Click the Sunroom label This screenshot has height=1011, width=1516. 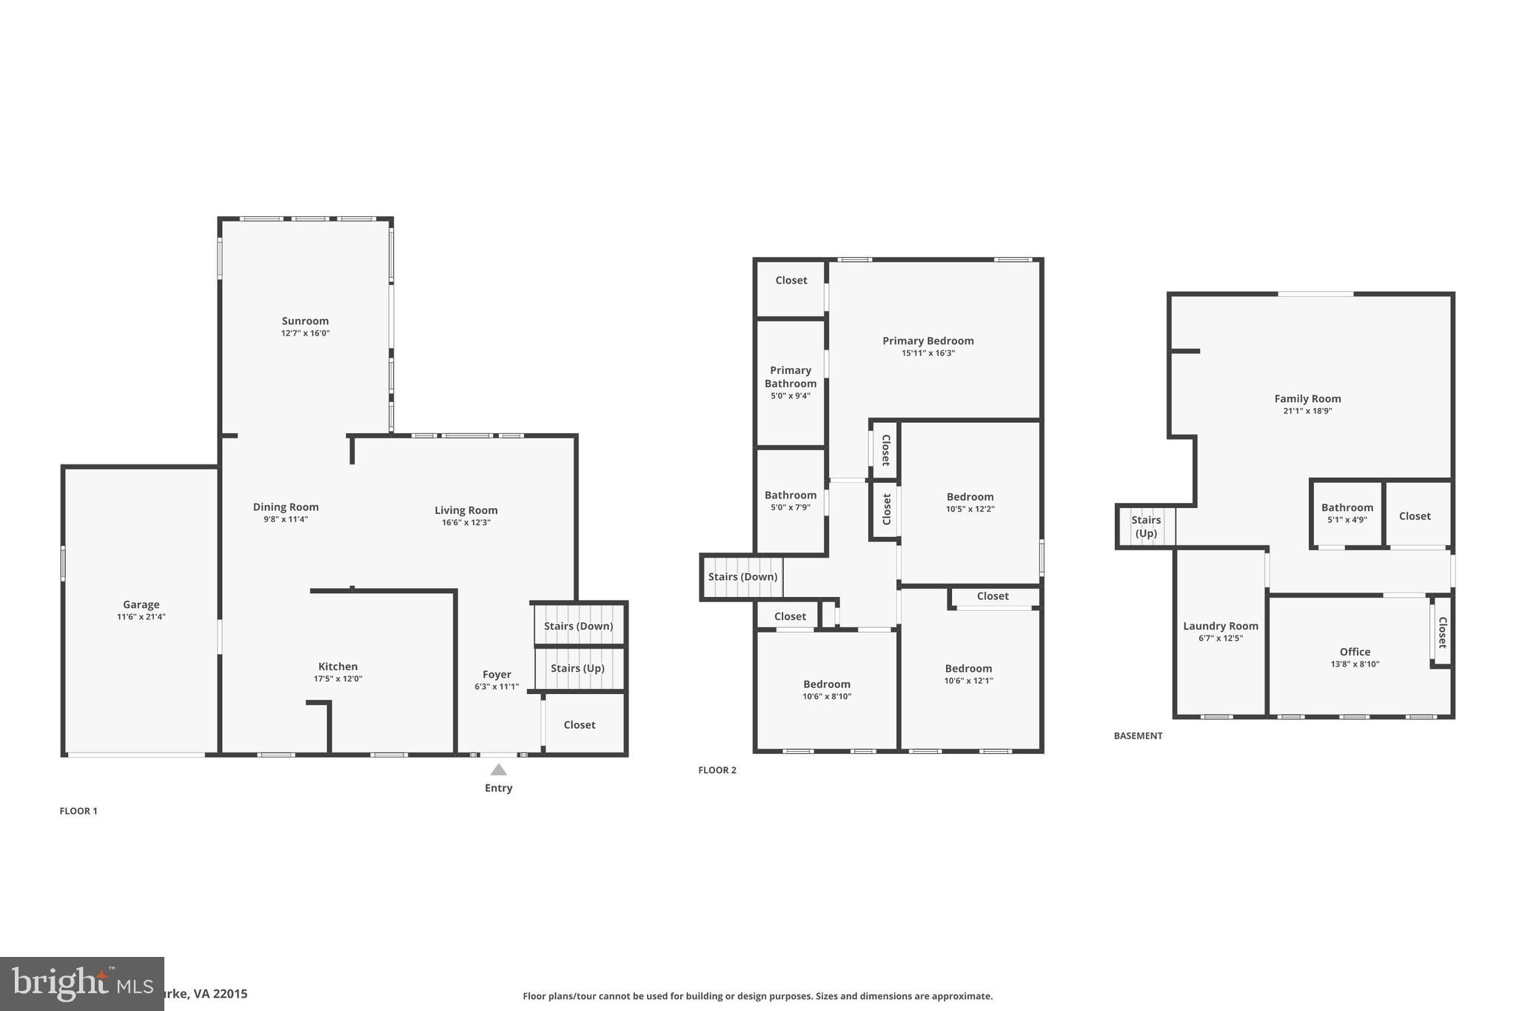click(305, 321)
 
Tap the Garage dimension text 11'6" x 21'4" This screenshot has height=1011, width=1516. click(141, 617)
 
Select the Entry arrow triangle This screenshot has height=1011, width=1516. click(498, 770)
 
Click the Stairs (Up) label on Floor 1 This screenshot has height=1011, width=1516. click(577, 668)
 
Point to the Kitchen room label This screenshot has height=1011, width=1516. click(338, 667)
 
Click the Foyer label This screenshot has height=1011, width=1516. click(497, 674)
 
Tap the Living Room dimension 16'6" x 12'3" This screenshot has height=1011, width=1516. click(466, 523)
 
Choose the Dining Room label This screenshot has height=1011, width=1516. click(286, 507)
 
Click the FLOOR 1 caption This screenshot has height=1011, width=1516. click(78, 811)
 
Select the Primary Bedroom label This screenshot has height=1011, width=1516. click(928, 341)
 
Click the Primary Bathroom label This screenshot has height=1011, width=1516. click(791, 377)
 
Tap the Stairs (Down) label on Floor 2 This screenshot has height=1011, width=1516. click(742, 577)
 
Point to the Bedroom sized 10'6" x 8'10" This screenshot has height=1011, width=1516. click(827, 684)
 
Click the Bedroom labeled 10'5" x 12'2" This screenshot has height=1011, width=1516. click(970, 497)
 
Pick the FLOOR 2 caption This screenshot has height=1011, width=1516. click(717, 770)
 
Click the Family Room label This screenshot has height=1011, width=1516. click(1307, 398)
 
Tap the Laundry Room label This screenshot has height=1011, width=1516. click(1221, 626)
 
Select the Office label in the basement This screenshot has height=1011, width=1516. click(1355, 652)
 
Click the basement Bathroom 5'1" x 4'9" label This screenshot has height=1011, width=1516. click(1346, 508)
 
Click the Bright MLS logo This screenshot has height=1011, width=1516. click(81, 984)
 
